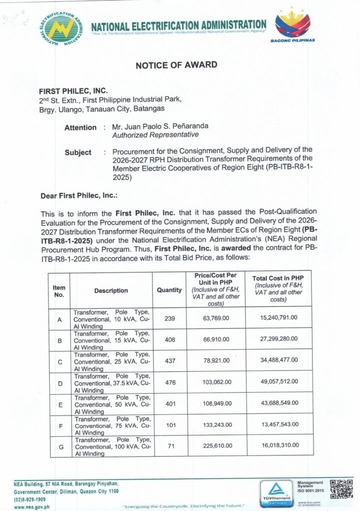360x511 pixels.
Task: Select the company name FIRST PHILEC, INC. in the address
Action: pos(73,91)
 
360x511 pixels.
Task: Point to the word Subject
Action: pos(78,153)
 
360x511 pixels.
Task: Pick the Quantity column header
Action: pos(169,290)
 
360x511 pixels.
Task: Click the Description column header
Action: pos(111,290)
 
